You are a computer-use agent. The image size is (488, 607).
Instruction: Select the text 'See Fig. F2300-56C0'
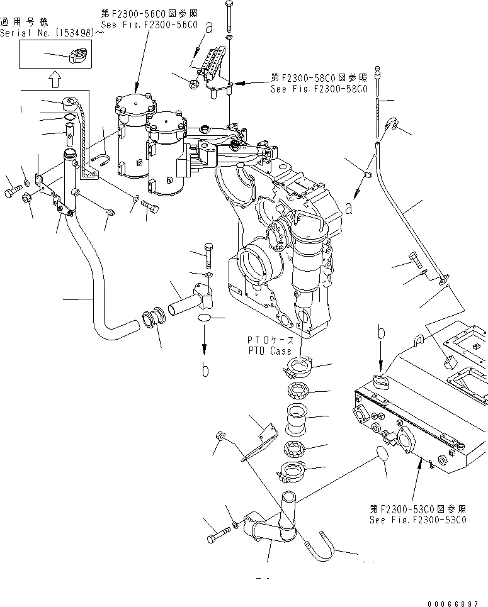pos(149,25)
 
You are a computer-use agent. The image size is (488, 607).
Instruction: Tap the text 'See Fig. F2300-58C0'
pos(318,89)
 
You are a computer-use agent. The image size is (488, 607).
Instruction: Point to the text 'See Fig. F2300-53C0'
pos(418,520)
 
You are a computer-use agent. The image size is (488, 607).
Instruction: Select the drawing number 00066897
pos(451,602)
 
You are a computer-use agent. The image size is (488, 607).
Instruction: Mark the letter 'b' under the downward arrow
pos(205,371)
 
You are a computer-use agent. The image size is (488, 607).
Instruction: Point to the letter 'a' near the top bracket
pos(208,28)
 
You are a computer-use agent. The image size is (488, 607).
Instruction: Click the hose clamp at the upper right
pos(390,123)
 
